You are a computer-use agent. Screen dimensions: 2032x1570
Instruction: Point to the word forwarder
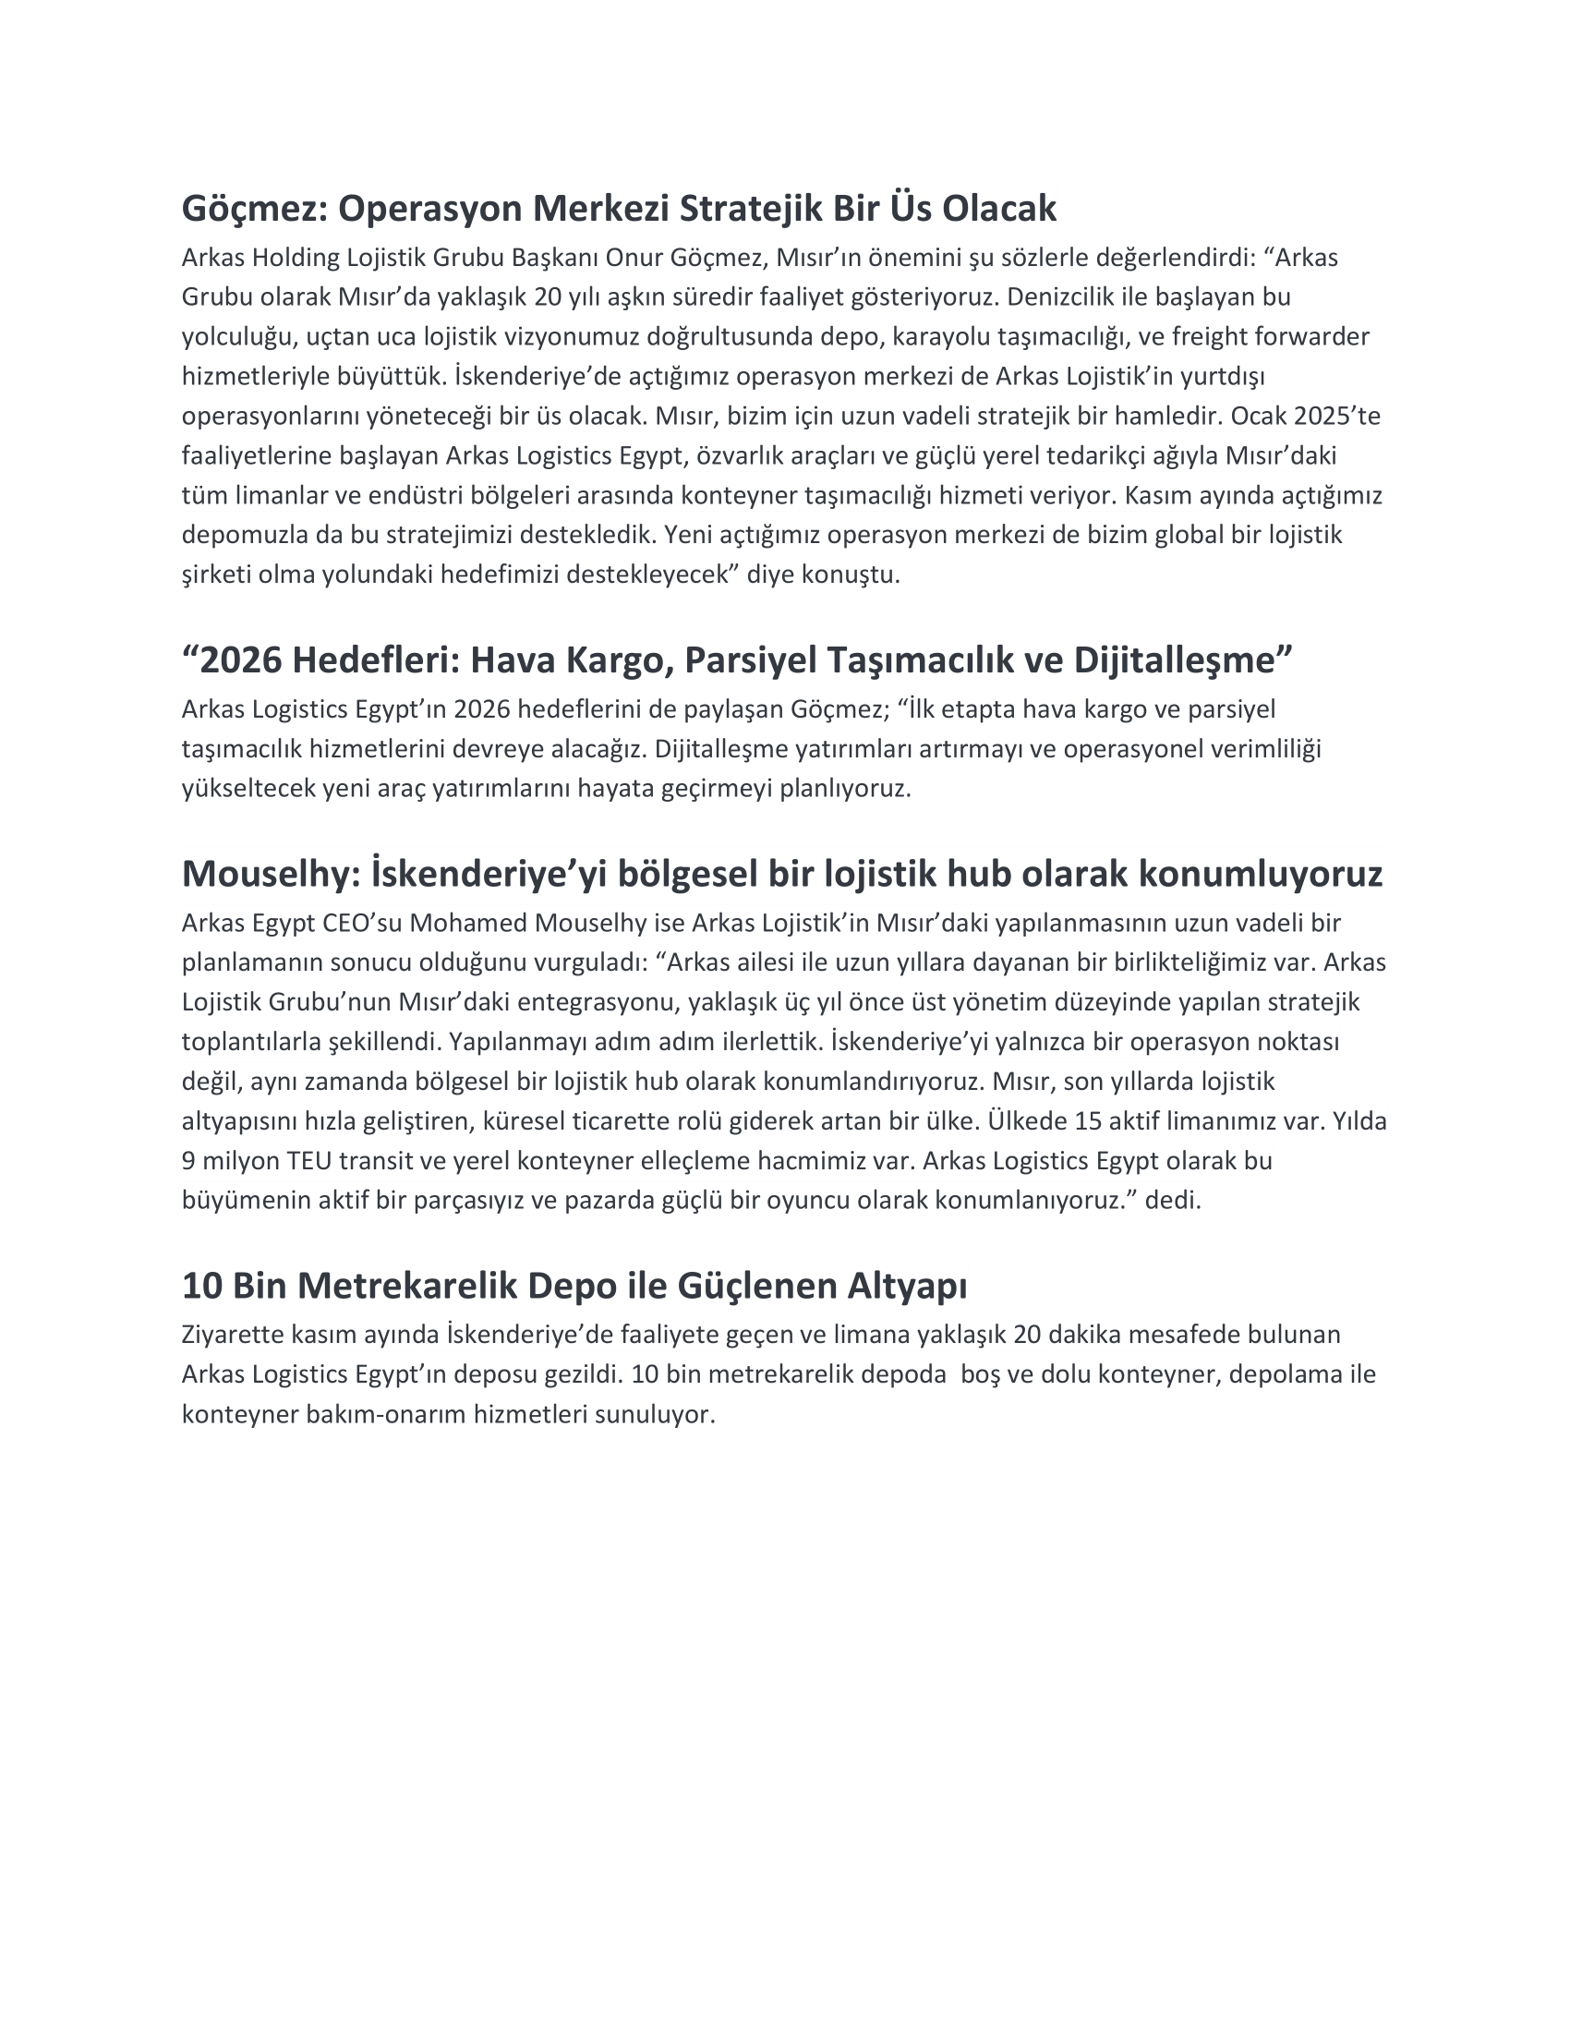point(1311,336)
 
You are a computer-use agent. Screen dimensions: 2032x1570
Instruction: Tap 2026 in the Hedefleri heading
point(241,659)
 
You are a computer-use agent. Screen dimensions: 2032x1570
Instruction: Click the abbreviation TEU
point(310,1160)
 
